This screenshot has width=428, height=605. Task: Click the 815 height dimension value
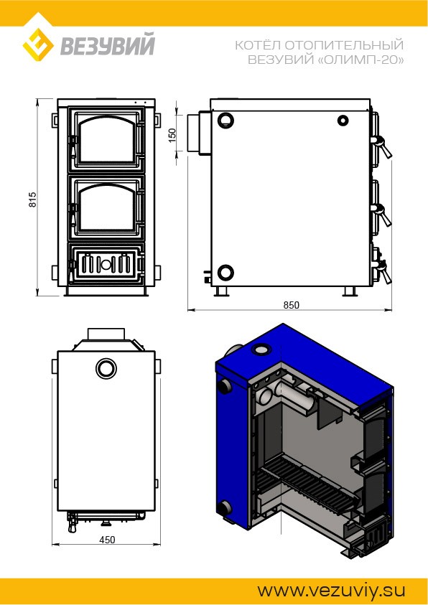pos(33,200)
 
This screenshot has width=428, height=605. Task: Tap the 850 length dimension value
pos(292,305)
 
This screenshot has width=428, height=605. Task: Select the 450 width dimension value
pos(107,540)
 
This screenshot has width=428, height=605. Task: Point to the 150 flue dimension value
pos(172,135)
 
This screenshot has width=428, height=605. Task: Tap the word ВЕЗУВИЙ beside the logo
pos(107,44)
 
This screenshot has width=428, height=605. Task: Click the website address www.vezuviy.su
pos(332,591)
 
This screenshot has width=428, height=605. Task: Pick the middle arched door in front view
pos(106,207)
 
